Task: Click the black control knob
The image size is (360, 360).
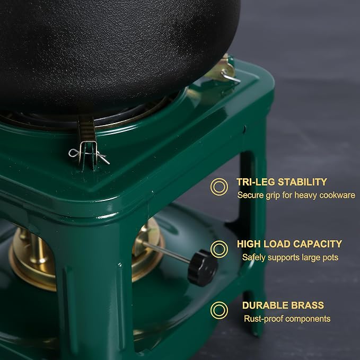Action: click(203, 268)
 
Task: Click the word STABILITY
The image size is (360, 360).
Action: click(302, 182)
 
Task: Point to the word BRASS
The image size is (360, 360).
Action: click(308, 305)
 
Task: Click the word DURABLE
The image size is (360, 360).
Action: click(265, 305)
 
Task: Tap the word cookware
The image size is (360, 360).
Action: click(337, 195)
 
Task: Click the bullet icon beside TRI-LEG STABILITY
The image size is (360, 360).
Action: click(219, 187)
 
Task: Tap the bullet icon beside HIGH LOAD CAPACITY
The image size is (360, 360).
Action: click(219, 249)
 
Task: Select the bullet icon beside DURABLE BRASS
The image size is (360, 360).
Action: click(219, 310)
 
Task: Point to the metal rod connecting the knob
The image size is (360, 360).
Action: click(166, 251)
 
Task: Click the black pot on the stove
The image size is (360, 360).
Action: click(115, 53)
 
